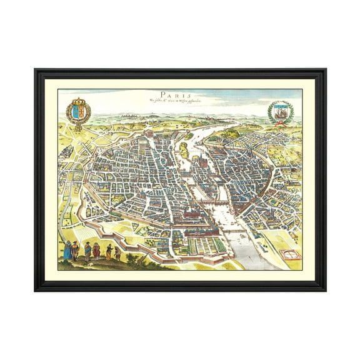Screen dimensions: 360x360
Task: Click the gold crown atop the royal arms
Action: pyautogui.click(x=78, y=102)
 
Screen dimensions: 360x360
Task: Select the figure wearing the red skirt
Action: pyautogui.click(x=96, y=251)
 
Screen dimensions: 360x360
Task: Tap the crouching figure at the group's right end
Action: pyautogui.click(x=117, y=253)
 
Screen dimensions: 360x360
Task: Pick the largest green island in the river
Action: pyautogui.click(x=185, y=149)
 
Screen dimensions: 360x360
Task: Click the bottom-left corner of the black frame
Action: pyautogui.click(x=36, y=289)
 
